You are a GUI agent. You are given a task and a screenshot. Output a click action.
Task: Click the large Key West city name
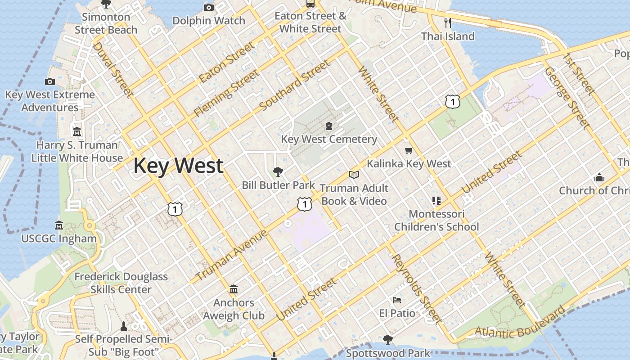coord(178,166)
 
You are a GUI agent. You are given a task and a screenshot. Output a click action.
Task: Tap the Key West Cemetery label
coord(329,139)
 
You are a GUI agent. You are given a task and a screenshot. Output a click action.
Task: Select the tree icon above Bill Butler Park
coord(278,171)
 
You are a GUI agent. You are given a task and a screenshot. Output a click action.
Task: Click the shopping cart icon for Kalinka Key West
coord(409,150)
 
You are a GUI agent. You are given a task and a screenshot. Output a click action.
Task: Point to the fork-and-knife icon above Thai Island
coord(447,22)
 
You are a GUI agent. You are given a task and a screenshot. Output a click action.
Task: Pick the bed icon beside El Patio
coord(396,300)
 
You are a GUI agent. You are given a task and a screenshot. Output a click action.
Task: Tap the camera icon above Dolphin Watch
coord(208,7)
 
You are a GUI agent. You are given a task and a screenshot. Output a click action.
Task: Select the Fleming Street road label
coord(226,93)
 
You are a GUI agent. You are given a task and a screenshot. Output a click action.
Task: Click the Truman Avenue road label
coord(232,255)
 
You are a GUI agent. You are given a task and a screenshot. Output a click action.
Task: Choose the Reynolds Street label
coord(416,288)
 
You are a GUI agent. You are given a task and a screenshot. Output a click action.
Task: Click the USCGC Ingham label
coord(59,238)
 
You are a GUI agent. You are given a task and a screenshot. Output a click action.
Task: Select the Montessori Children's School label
coord(436,220)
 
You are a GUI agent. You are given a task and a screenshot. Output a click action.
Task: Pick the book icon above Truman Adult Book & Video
coord(354,175)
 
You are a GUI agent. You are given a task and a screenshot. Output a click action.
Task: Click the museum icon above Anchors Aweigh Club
coord(234,289)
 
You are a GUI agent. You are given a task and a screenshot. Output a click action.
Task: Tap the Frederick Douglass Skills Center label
coord(121,283)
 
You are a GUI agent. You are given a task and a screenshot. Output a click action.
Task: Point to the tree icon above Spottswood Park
coord(387,340)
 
